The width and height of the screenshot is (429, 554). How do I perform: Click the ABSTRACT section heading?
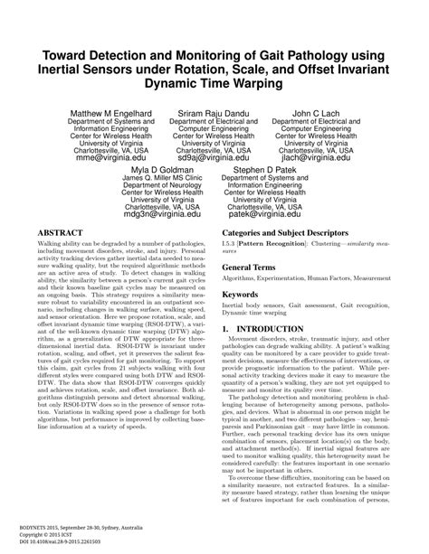(64, 232)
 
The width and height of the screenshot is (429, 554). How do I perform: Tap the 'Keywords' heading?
(248, 295)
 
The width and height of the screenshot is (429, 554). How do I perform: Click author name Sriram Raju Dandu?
(214, 114)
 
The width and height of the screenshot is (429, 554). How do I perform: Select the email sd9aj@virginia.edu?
(214, 156)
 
